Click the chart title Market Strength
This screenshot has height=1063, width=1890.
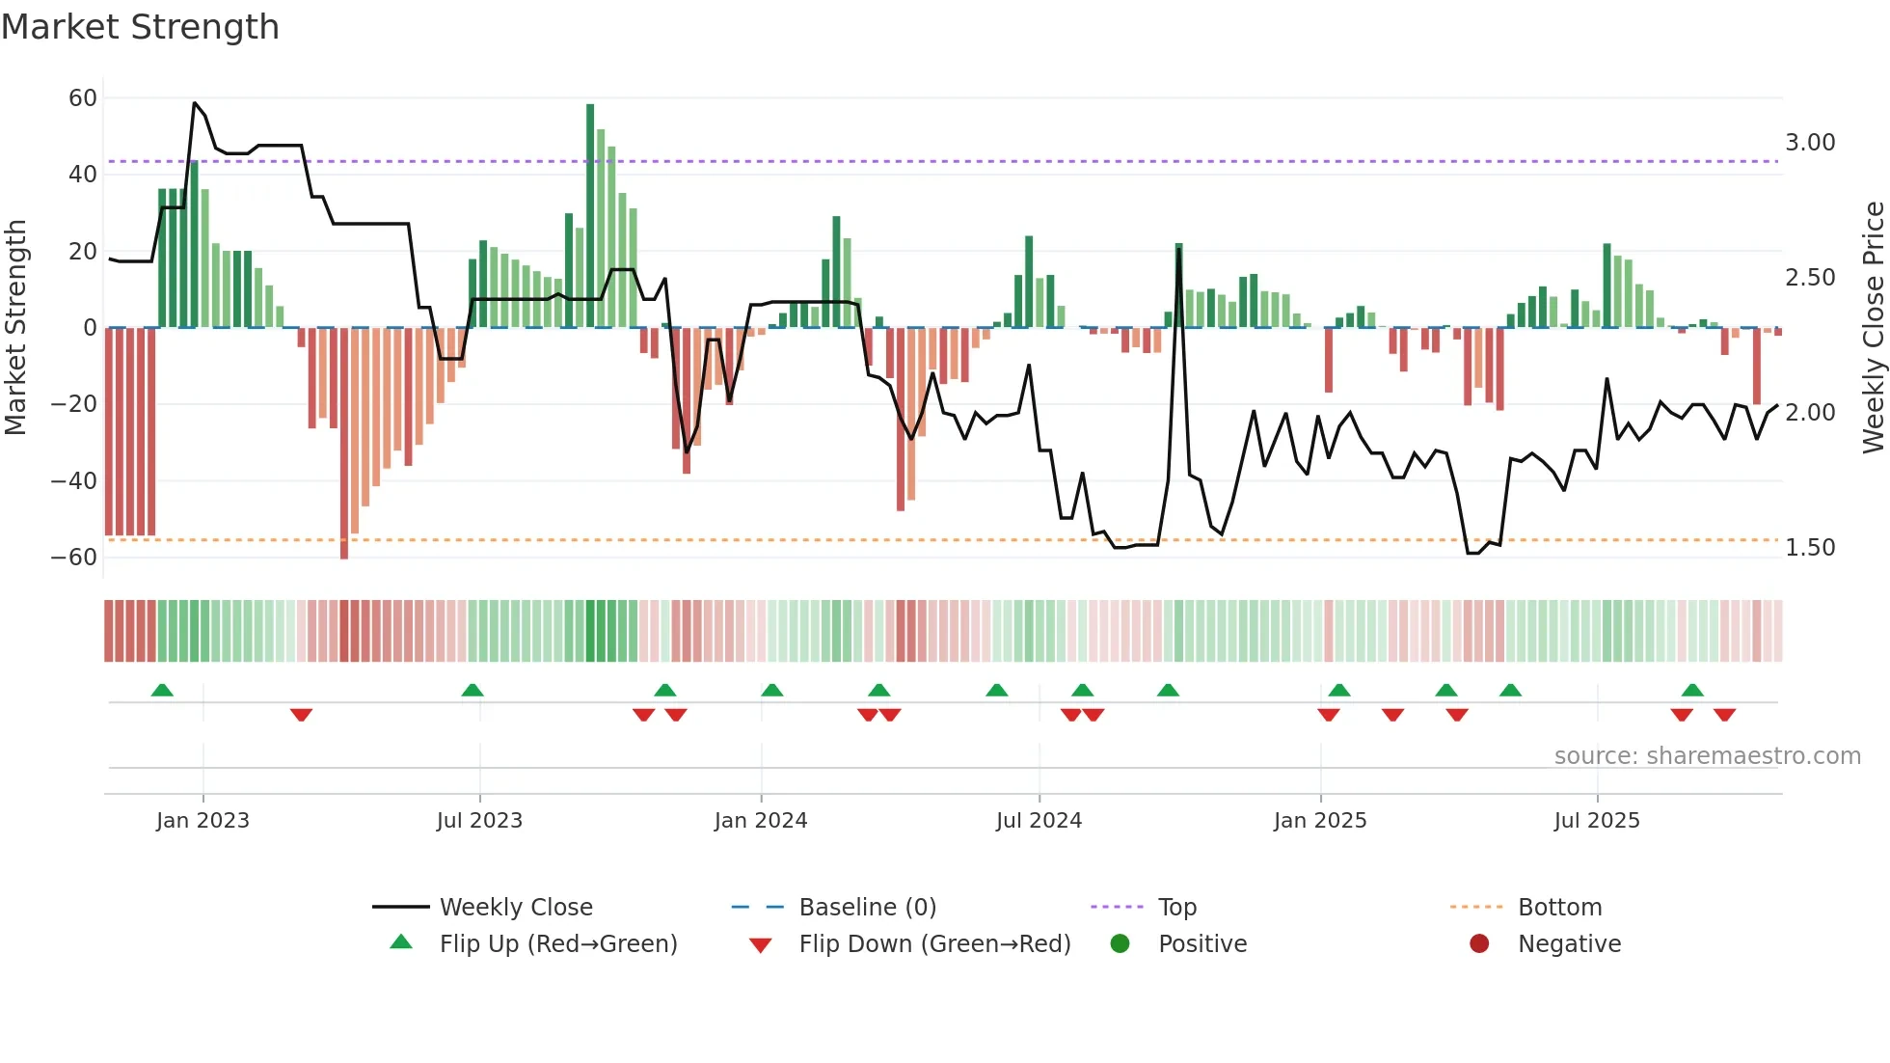(140, 27)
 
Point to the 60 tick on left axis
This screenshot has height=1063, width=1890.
(83, 97)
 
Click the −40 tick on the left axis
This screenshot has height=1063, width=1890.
(73, 480)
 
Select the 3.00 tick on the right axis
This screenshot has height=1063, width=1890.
(1809, 143)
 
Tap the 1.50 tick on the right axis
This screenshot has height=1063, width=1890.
(1809, 548)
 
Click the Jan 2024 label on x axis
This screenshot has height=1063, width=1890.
(760, 821)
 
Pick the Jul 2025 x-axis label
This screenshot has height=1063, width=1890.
(1596, 821)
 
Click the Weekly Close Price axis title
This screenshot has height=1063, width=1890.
(1873, 327)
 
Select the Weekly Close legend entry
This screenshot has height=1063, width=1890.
(516, 908)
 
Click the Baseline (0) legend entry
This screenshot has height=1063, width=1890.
(867, 908)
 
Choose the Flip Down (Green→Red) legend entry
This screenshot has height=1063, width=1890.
(934, 944)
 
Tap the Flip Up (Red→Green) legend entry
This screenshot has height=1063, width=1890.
(557, 944)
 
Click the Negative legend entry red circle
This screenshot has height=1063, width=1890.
(1479, 944)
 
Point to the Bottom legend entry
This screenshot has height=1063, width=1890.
(1559, 908)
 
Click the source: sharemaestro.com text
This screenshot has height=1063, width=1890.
(1707, 756)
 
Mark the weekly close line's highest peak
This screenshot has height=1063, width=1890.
(195, 103)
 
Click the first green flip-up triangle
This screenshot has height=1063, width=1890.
(162, 691)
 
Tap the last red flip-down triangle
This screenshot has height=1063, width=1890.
(1724, 715)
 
